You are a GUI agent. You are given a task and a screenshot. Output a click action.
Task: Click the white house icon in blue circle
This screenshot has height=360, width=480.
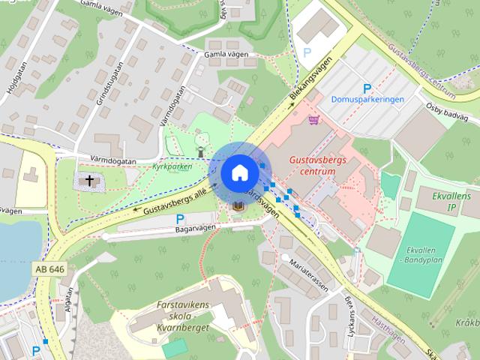[x=239, y=172]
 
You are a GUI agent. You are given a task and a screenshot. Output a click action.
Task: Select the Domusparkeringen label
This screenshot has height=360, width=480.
[x=367, y=99]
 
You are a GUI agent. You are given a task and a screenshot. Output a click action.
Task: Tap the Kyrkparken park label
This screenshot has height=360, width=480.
[x=172, y=166]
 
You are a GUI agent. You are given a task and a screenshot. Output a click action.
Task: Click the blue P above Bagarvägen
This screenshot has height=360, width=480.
[x=180, y=217]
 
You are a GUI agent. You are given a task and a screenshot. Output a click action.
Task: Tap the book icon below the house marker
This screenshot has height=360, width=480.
[x=237, y=205]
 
